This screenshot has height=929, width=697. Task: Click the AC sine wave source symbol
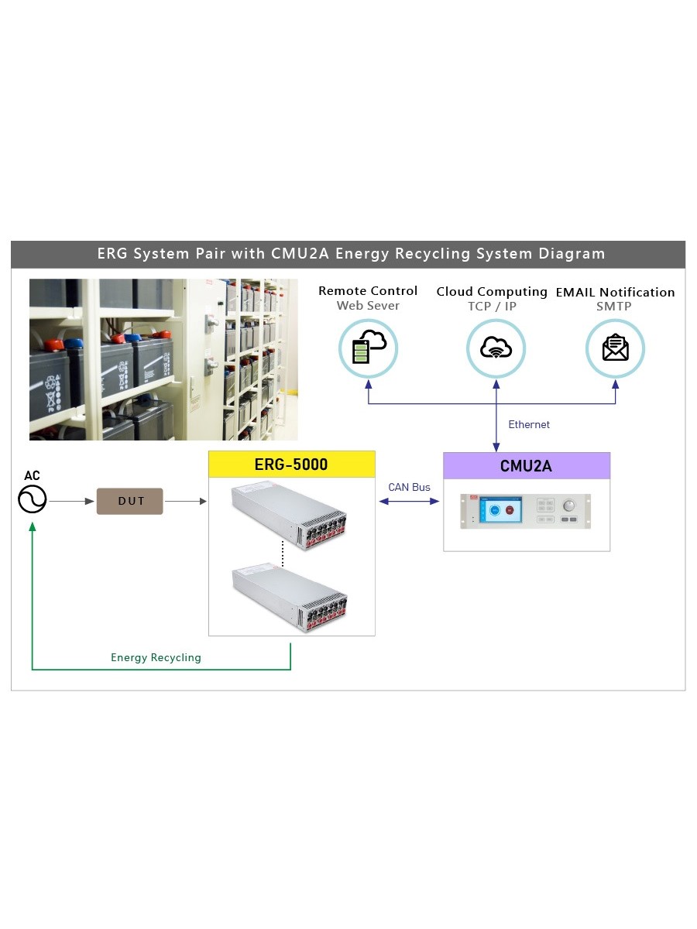(33, 499)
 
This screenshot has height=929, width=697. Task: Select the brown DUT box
(129, 501)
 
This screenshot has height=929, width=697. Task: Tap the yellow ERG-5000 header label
(292, 464)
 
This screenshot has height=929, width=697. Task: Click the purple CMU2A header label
(527, 466)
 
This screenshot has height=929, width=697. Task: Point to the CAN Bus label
(409, 487)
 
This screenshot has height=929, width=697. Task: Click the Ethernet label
(529, 424)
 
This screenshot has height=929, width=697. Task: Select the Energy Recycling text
(156, 658)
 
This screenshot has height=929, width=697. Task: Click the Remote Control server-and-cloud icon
(369, 348)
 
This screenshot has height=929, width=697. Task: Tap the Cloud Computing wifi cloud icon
(496, 348)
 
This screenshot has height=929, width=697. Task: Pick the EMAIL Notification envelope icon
(616, 348)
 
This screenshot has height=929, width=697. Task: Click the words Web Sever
(368, 306)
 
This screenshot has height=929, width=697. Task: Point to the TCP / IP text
(493, 306)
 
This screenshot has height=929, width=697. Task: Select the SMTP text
(614, 306)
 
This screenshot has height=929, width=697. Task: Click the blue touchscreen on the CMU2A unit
(500, 510)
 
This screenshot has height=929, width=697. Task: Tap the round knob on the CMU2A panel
(569, 506)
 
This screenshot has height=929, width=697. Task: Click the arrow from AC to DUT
(71, 501)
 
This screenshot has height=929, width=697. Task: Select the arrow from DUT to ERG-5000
(185, 501)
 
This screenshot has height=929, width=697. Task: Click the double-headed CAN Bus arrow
(409, 502)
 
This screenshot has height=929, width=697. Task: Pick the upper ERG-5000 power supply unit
(289, 516)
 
